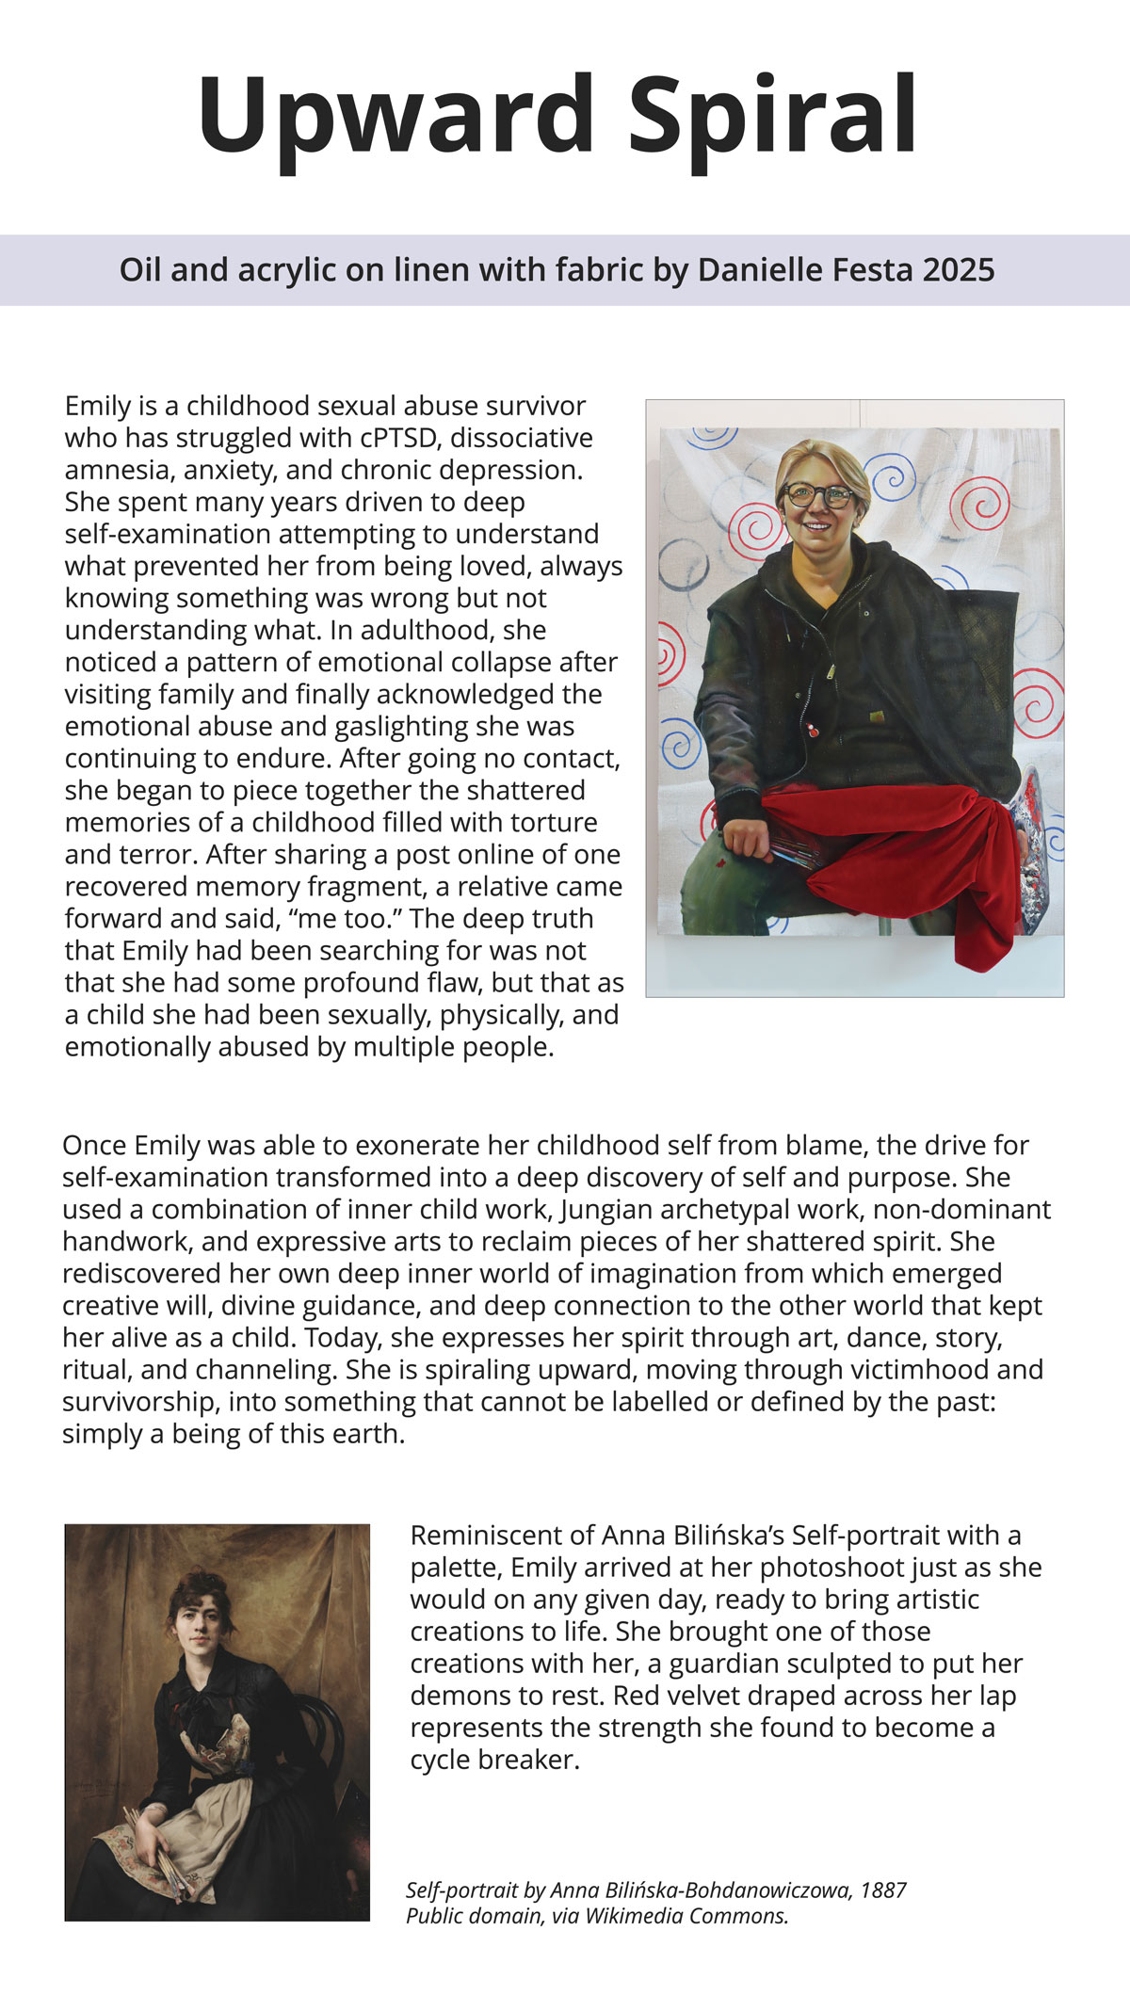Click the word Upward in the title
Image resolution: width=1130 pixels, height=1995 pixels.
395,115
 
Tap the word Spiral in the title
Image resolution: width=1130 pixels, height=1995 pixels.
772,115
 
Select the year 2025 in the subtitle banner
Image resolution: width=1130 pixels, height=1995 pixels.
959,270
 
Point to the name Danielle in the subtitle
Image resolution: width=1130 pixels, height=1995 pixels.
759,270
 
